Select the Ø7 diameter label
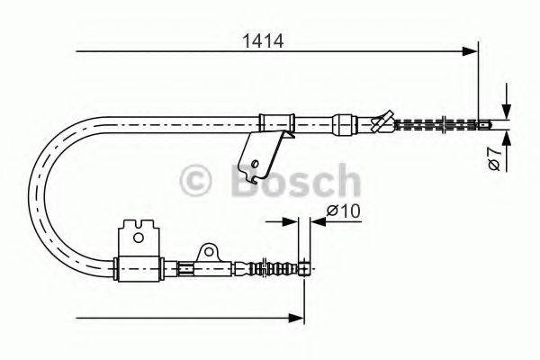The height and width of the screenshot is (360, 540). pos(493,160)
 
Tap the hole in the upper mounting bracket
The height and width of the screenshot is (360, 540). pos(257,163)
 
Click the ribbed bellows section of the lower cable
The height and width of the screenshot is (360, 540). pos(270,267)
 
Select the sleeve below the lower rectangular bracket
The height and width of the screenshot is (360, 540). pos(139,267)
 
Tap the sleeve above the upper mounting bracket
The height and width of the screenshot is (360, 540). pos(277,121)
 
